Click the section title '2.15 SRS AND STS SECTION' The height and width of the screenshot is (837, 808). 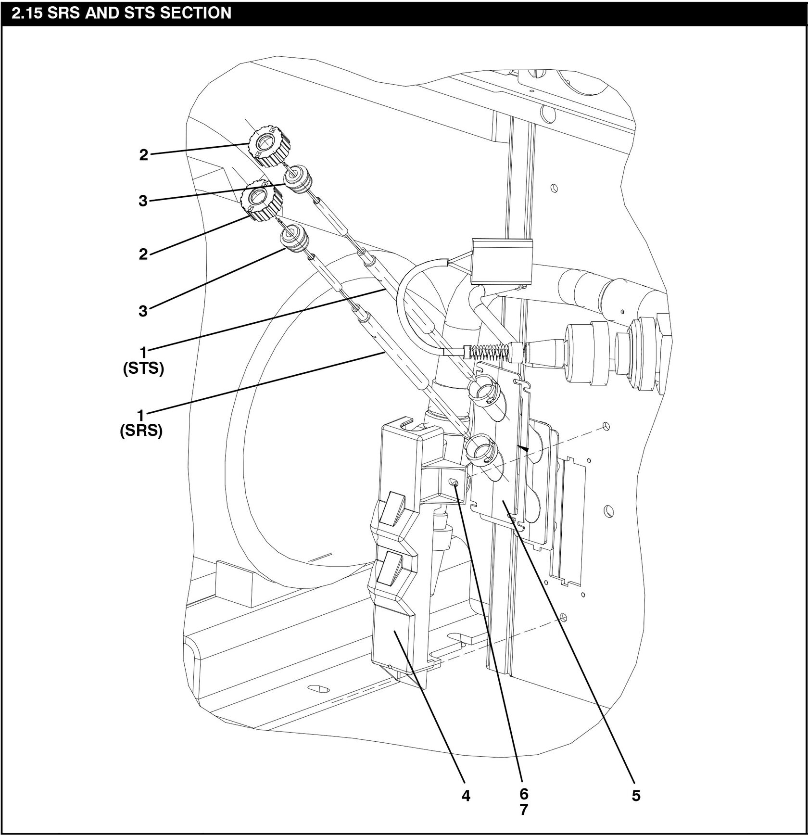pyautogui.click(x=121, y=12)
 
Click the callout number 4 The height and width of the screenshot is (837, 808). pyautogui.click(x=465, y=796)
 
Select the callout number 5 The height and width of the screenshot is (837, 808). pyautogui.click(x=636, y=796)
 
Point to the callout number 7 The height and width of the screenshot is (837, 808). pyautogui.click(x=524, y=810)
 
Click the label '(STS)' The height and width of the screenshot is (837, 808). pyautogui.click(x=143, y=369)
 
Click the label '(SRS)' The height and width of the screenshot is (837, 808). pyautogui.click(x=141, y=431)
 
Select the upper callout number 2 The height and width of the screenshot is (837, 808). pyautogui.click(x=143, y=155)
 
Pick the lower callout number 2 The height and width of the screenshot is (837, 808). pyautogui.click(x=143, y=254)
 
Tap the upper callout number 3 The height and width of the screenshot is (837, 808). pyautogui.click(x=143, y=200)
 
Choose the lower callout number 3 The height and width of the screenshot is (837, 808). pyautogui.click(x=143, y=311)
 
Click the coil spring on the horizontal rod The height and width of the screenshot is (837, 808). pyautogui.click(x=487, y=353)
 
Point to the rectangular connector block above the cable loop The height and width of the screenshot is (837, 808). pyautogui.click(x=502, y=262)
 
